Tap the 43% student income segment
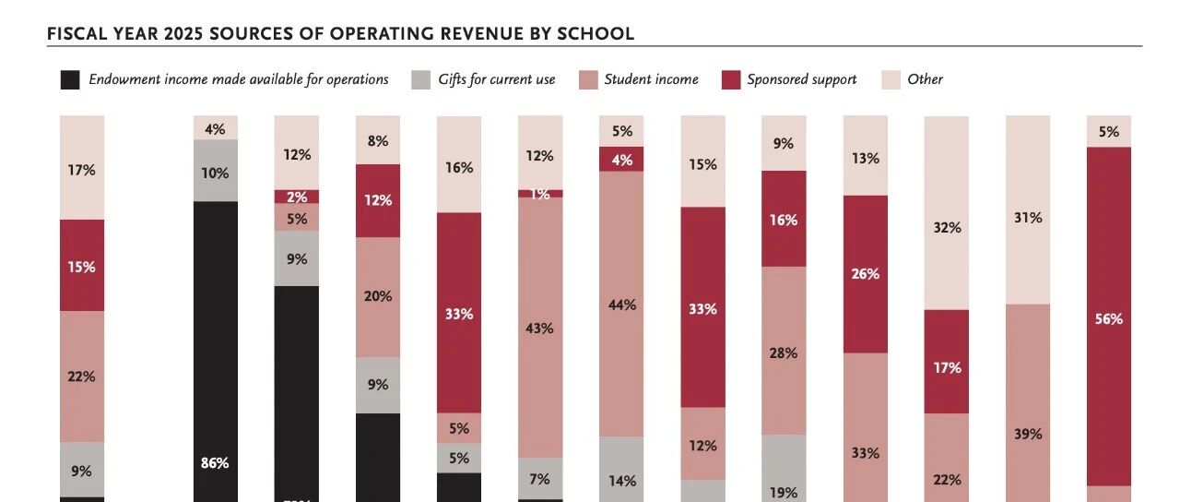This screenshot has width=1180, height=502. point(540,328)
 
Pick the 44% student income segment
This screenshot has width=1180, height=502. point(621,304)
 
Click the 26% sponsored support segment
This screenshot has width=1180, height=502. point(866,273)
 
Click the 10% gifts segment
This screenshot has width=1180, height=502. point(215,171)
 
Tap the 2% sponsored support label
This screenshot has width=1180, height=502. point(297,197)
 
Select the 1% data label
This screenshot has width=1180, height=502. point(540,194)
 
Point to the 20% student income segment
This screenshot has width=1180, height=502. point(378,297)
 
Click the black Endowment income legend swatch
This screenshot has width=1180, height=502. point(70,79)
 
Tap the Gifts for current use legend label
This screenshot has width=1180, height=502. point(496,79)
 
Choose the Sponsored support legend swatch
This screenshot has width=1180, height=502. point(729,79)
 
